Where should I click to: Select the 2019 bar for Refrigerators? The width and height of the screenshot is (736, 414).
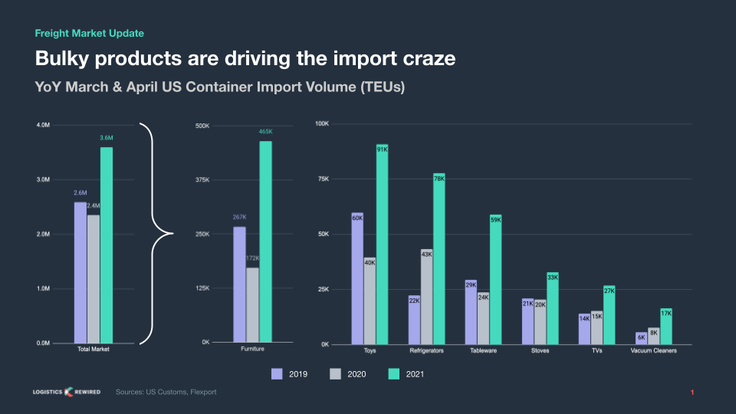(414, 320)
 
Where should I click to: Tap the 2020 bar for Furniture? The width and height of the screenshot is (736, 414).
(252, 304)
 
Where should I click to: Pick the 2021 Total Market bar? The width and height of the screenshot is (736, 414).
(107, 245)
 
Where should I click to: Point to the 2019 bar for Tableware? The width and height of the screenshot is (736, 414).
(471, 312)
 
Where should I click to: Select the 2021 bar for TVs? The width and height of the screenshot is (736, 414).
(609, 315)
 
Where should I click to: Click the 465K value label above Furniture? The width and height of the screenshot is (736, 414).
(265, 132)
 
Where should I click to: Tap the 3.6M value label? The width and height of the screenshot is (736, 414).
(107, 138)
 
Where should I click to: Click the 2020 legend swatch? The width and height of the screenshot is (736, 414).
(335, 374)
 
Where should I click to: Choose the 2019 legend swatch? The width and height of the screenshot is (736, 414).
(278, 374)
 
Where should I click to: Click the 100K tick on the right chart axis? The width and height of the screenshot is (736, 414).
(322, 123)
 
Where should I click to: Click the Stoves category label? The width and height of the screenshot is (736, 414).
(540, 351)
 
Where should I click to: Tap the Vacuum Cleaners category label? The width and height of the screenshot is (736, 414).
(653, 351)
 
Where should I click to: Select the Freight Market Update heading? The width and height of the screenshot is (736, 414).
(90, 33)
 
